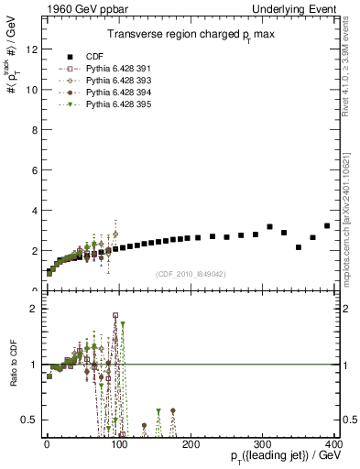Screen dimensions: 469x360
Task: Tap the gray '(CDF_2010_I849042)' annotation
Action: click(190, 272)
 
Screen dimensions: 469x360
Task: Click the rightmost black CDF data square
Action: click(327, 225)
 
